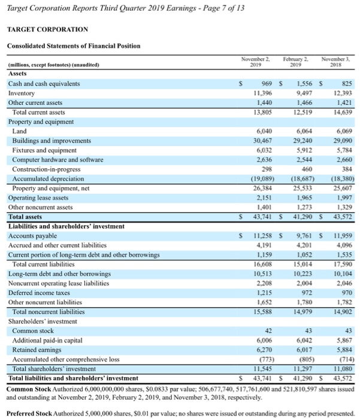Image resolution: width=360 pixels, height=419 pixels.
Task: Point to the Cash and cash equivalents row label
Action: (44, 84)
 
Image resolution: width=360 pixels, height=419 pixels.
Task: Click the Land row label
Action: (19, 131)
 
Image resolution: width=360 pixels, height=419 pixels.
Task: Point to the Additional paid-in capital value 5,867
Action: (337, 339)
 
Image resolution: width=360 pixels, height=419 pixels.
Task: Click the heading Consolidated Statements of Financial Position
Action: (73, 46)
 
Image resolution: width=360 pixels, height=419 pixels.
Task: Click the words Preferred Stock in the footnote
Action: (31, 412)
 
